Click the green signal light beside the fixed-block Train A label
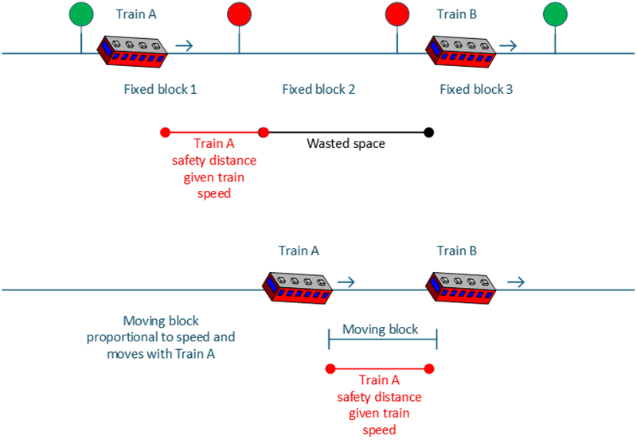[x=80, y=14]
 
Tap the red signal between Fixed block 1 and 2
[x=239, y=14]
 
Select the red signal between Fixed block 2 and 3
[x=397, y=14]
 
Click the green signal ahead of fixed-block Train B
[x=555, y=14]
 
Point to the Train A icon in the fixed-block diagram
[x=133, y=51]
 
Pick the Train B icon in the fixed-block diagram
[x=461, y=51]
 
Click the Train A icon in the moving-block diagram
[x=298, y=287]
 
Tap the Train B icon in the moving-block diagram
[x=461, y=287]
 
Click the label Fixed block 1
[x=160, y=90]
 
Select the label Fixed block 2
[x=318, y=90]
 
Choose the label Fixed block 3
[x=476, y=90]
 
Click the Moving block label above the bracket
[x=380, y=329]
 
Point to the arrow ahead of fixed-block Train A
[x=184, y=46]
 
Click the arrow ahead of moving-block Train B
[x=516, y=282]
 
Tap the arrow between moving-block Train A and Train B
[x=346, y=282]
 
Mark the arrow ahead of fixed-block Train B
[x=507, y=46]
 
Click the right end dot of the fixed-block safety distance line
[x=264, y=132]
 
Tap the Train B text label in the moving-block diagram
[x=457, y=251]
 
